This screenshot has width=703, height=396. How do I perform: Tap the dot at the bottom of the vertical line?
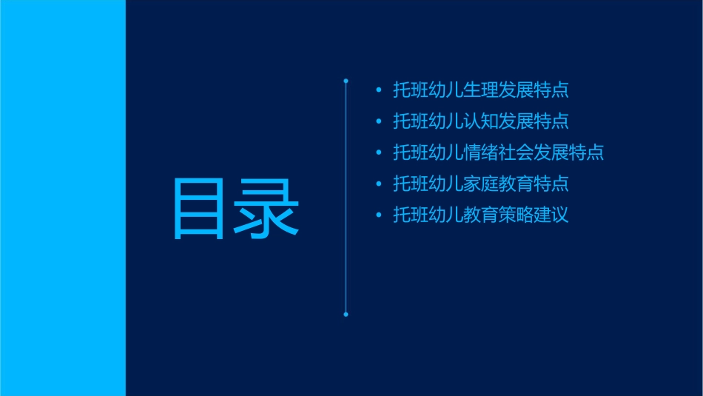pos(346,315)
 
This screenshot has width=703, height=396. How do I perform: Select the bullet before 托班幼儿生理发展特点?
pos(379,91)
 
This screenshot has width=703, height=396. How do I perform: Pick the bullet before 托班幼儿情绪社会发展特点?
pos(379,153)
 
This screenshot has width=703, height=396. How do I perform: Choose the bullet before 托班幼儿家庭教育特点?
pos(379,184)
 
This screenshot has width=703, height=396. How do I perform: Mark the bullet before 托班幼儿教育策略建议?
pos(379,215)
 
